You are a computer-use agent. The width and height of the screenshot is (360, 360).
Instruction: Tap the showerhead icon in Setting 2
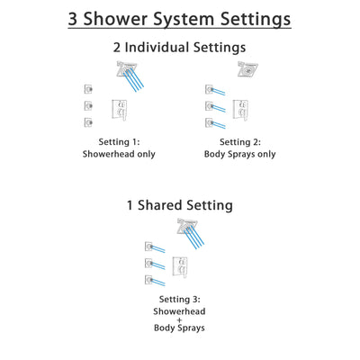pyautogui.click(x=246, y=70)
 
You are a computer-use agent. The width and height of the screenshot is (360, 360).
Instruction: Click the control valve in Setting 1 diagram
pyautogui.click(x=118, y=111)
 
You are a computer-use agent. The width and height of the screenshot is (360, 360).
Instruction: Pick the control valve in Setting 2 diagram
pyautogui.click(x=240, y=111)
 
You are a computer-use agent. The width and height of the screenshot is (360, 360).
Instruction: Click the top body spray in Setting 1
pyautogui.click(x=86, y=88)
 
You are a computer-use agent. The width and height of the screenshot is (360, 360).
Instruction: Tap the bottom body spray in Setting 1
pyautogui.click(x=86, y=121)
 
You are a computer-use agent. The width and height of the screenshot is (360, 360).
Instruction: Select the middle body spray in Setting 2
pyautogui.click(x=209, y=106)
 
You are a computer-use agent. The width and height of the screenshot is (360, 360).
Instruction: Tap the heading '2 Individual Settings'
pyautogui.click(x=180, y=49)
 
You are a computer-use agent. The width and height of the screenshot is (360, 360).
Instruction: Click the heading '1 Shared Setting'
pyautogui.click(x=180, y=205)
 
